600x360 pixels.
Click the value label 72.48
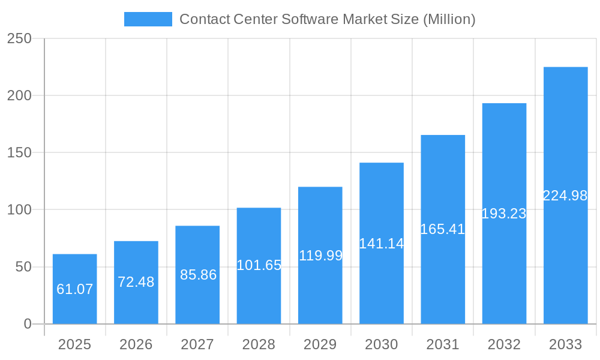click(x=136, y=282)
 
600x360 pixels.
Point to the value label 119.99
click(x=320, y=256)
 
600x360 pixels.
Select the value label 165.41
click(x=443, y=229)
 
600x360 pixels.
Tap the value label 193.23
click(x=504, y=214)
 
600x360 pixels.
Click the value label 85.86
click(x=198, y=275)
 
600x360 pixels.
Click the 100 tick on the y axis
click(x=19, y=210)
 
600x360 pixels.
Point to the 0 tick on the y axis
click(x=28, y=324)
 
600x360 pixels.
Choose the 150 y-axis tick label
click(x=19, y=153)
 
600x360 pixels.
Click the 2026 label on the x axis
click(x=136, y=344)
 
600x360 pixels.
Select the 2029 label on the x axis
click(x=320, y=344)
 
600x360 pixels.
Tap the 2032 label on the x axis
click(x=504, y=344)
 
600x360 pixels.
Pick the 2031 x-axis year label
click(x=443, y=344)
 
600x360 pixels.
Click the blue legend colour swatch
click(x=148, y=19)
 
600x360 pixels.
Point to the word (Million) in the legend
click(x=449, y=19)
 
